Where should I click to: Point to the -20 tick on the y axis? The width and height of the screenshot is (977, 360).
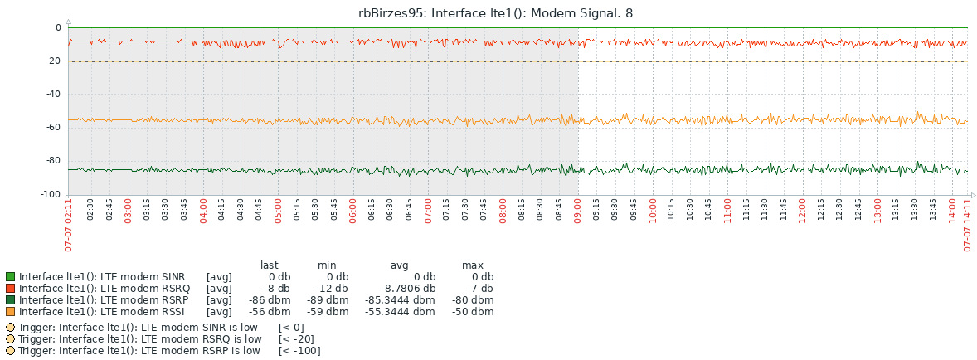(53, 61)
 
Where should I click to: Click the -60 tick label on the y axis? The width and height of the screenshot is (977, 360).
(53, 128)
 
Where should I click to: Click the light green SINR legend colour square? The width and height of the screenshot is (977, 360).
(10, 277)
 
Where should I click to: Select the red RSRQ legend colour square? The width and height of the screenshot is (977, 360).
(10, 289)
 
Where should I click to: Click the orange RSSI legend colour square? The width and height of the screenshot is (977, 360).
(10, 312)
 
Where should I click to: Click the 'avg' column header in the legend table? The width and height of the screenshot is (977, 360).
(400, 265)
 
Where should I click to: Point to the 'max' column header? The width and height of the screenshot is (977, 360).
(472, 265)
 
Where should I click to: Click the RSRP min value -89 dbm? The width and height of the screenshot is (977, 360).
(328, 300)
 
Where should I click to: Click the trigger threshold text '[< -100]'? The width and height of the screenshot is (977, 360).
(299, 351)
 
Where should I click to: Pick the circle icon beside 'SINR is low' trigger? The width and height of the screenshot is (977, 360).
(10, 328)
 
